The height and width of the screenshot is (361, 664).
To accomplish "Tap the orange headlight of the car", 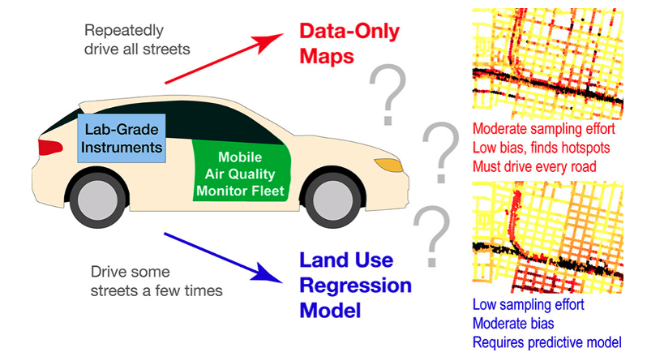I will [x=391, y=165].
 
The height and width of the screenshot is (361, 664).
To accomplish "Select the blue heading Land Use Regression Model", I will [x=355, y=285].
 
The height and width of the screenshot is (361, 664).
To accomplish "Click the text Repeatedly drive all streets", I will [x=137, y=39].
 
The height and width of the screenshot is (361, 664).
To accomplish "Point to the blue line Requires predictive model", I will [x=550, y=342].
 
